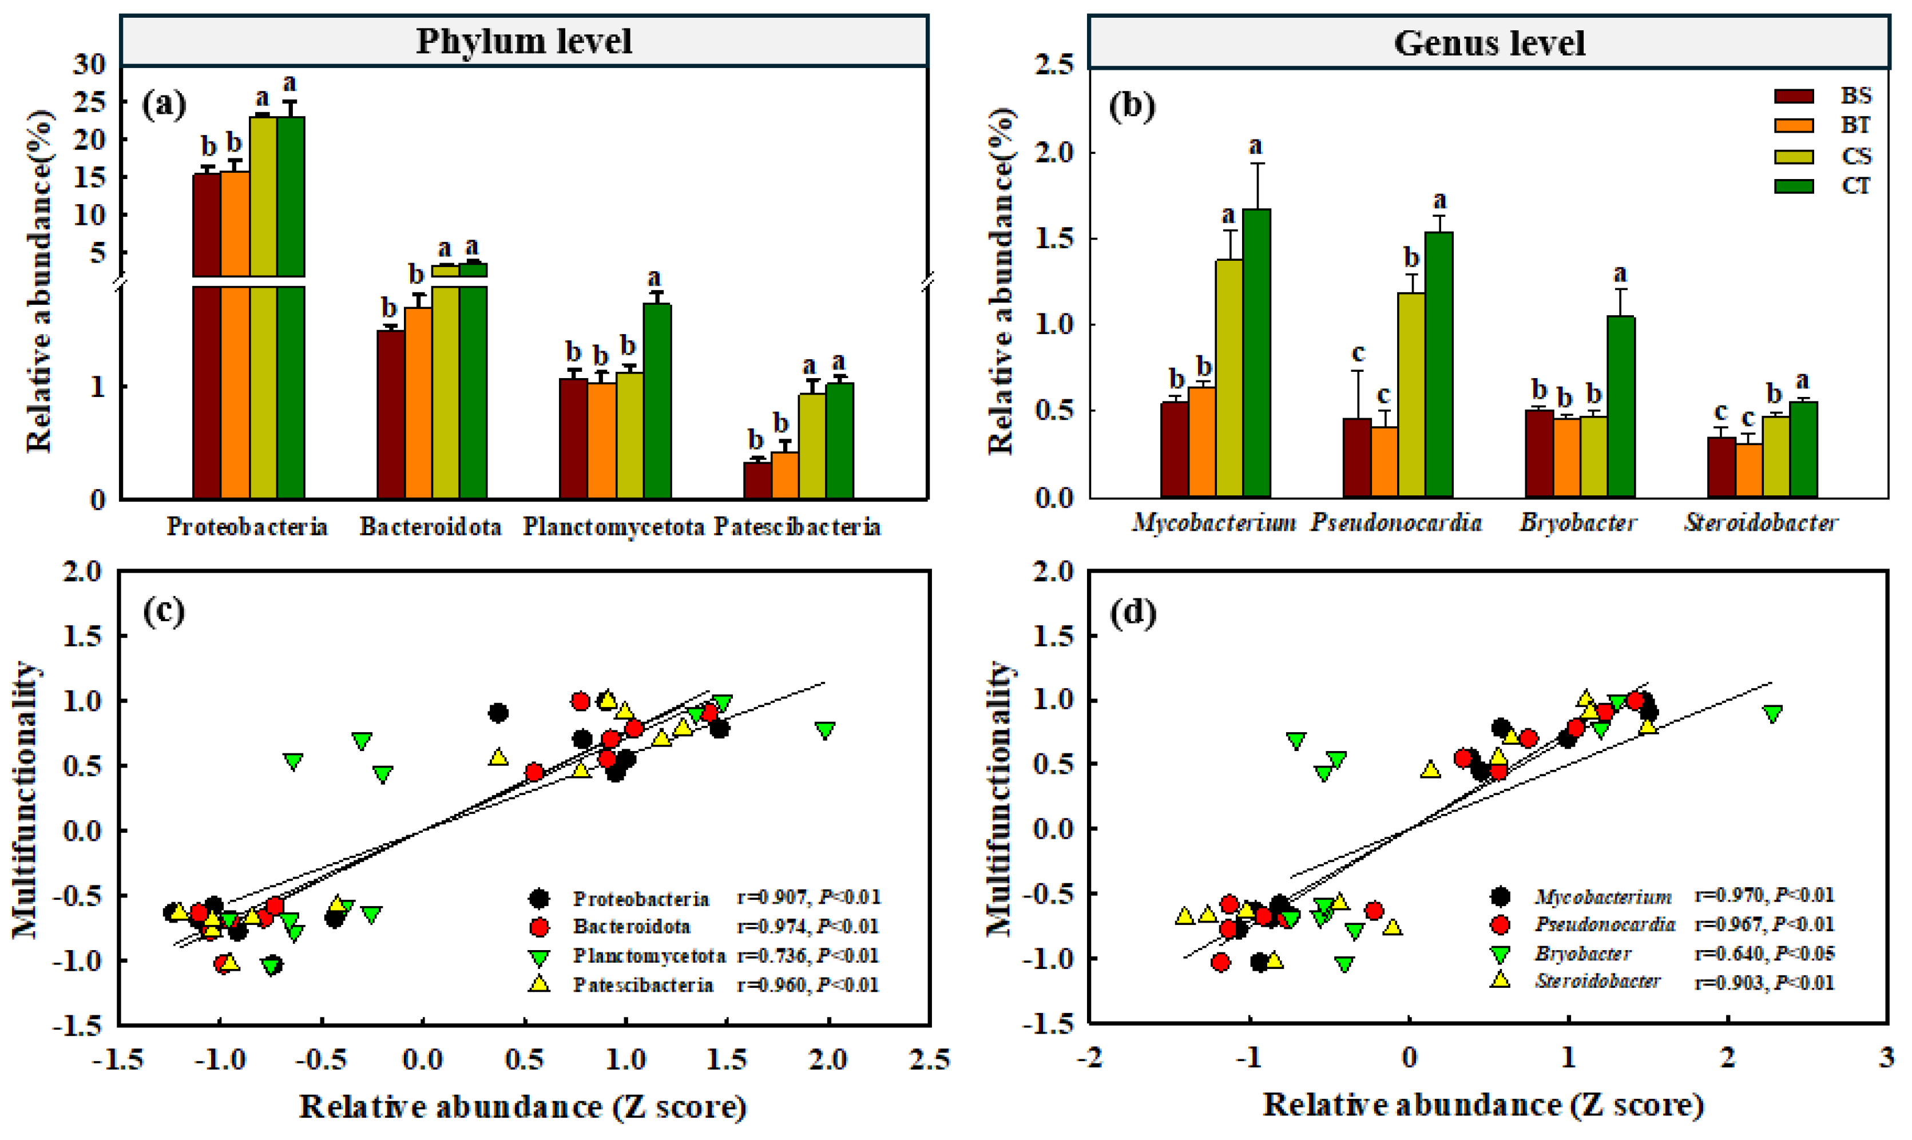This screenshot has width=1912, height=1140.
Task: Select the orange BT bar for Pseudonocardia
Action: tap(1385, 462)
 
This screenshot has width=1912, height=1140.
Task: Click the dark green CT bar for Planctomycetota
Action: tap(657, 401)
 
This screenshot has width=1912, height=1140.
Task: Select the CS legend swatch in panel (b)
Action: tap(1794, 157)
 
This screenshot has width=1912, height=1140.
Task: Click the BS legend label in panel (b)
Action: tap(1856, 96)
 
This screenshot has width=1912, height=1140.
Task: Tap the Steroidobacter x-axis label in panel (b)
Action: tap(1762, 523)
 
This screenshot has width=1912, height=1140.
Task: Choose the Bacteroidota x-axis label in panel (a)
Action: tap(430, 526)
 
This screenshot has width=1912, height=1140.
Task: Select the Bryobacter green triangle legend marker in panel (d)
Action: tap(1500, 954)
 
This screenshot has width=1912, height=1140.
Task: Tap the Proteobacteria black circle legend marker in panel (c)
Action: tap(540, 898)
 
